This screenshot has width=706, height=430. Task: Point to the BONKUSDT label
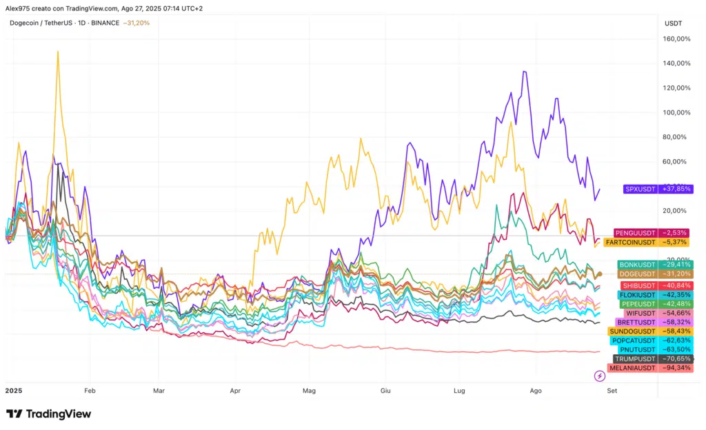coord(636,265)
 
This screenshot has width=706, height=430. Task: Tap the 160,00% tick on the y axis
coord(676,39)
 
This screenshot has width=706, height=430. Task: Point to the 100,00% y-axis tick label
coord(676,112)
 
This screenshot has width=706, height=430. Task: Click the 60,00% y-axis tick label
coord(676,161)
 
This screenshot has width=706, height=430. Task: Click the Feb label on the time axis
coord(90,390)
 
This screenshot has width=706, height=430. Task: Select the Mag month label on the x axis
coord(308,390)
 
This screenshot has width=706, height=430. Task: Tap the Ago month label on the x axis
coord(536,390)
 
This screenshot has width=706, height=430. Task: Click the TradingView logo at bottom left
coord(48,413)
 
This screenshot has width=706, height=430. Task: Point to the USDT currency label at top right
coord(673,23)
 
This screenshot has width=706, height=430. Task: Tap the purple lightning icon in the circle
coord(600,376)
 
